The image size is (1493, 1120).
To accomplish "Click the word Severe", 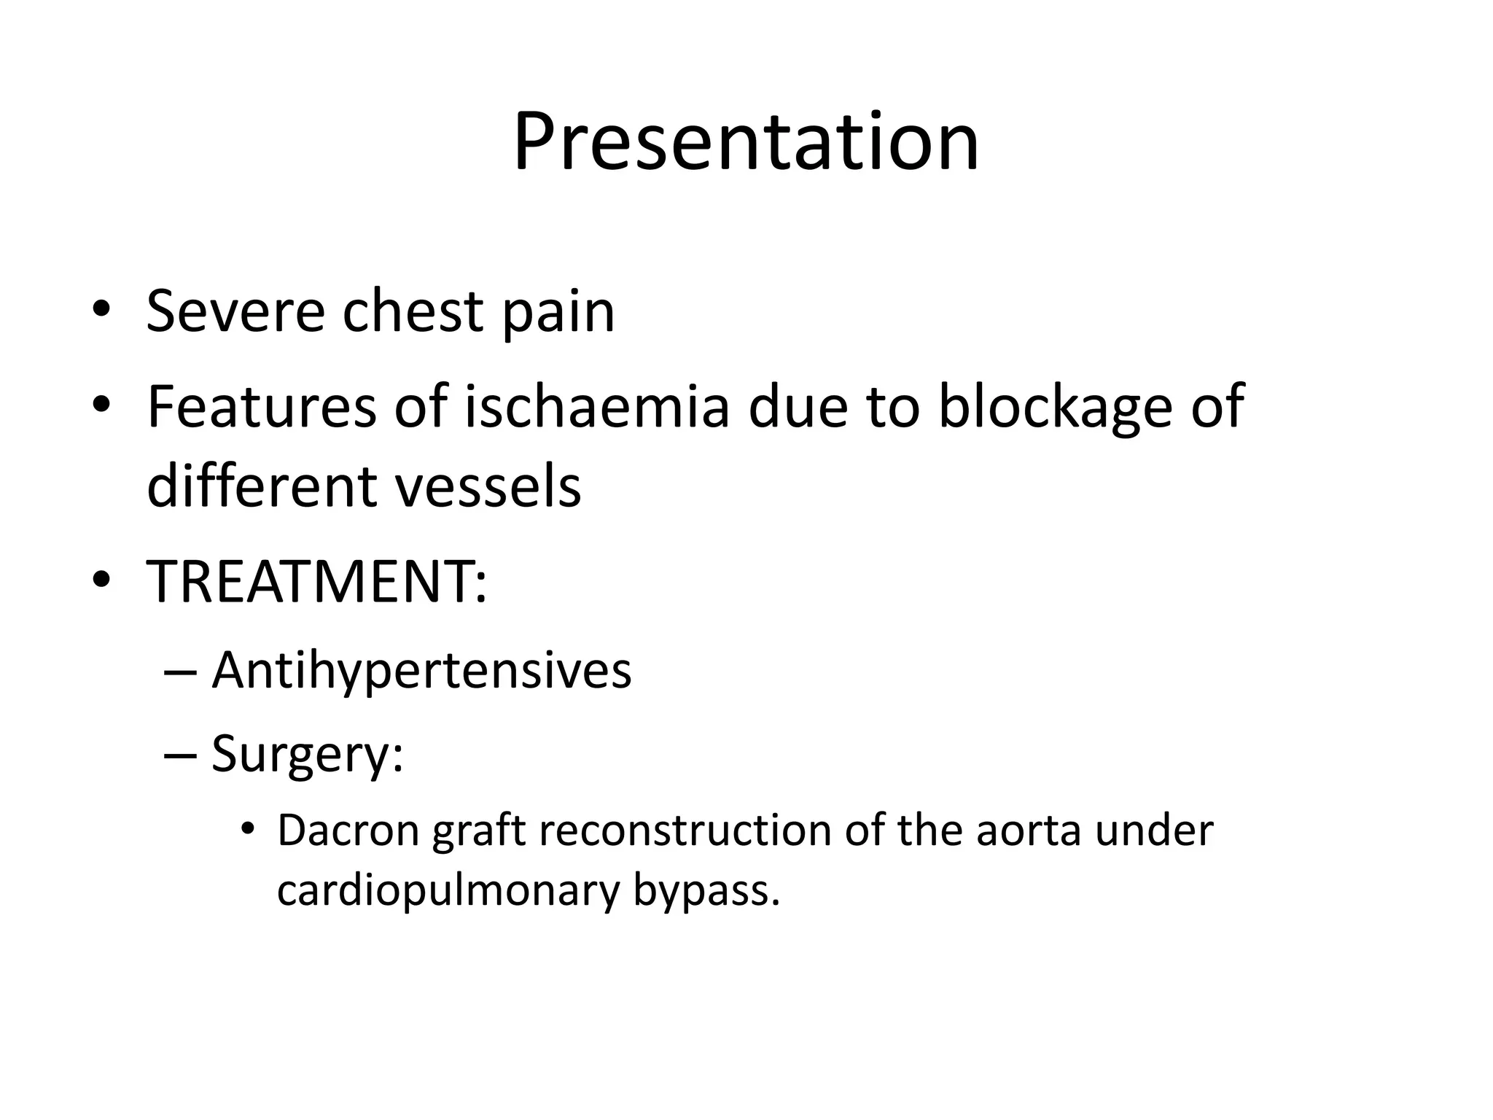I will click(235, 311).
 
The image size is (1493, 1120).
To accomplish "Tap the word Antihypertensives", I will click(421, 670).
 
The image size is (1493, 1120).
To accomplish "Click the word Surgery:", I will click(307, 754).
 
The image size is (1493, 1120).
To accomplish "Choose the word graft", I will click(478, 832).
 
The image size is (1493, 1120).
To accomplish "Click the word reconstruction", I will click(685, 831).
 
